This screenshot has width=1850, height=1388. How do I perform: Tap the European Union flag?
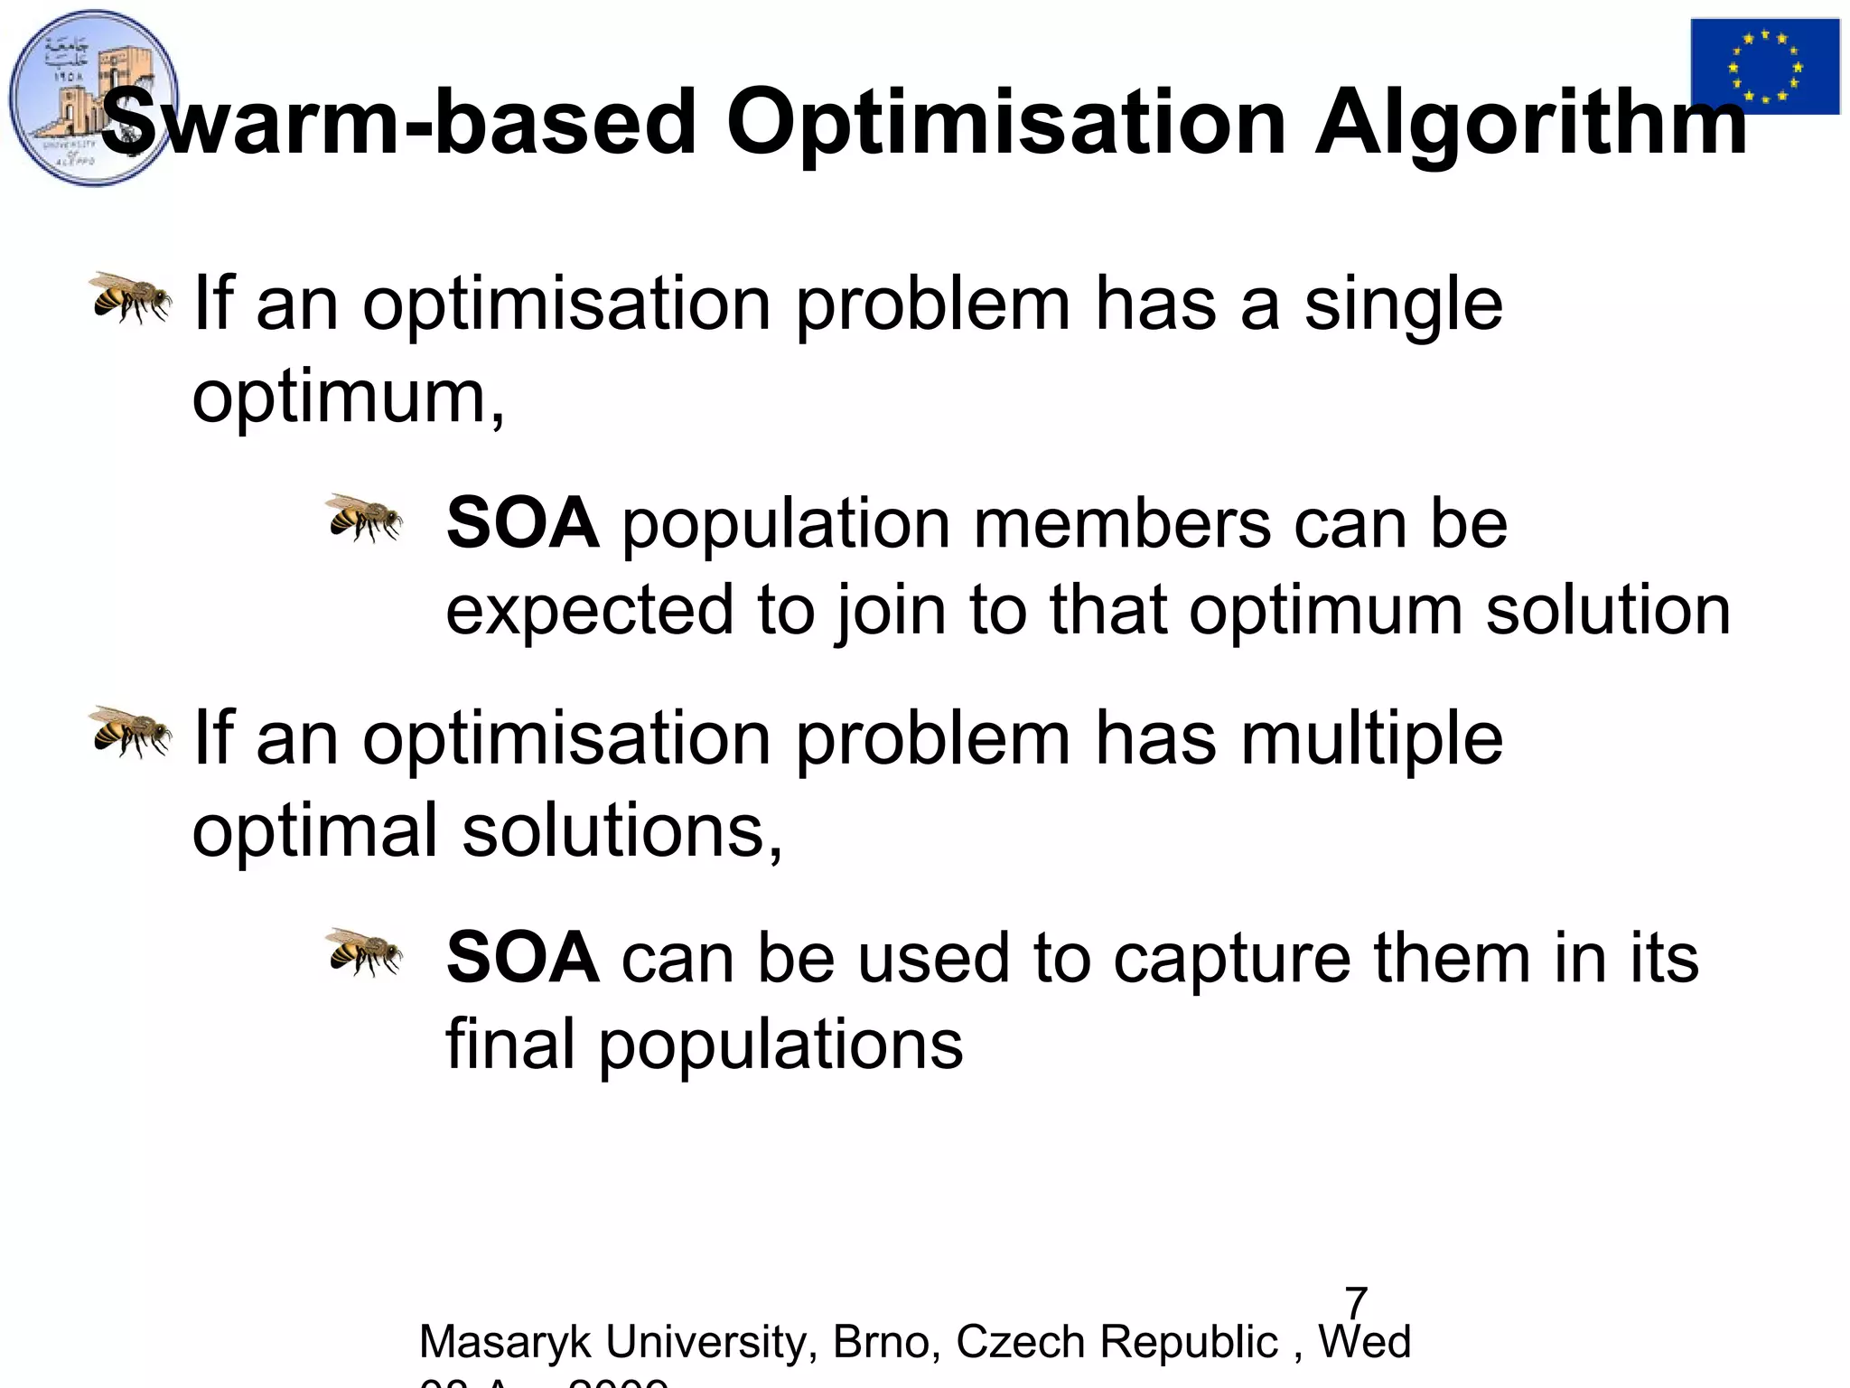pyautogui.click(x=1764, y=67)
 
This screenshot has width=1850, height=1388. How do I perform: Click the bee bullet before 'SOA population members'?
pyautogui.click(x=364, y=518)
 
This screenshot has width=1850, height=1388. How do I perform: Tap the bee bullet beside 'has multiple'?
pyautogui.click(x=131, y=732)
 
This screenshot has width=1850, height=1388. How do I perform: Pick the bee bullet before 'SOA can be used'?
pyautogui.click(x=364, y=952)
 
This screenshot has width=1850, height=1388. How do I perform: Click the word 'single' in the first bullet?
pyautogui.click(x=1404, y=305)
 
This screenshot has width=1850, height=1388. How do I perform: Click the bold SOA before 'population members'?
pyautogui.click(x=522, y=523)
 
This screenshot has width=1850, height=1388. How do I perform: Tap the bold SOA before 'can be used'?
pyautogui.click(x=522, y=958)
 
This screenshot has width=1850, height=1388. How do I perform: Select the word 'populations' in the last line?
pyautogui.click(x=780, y=1046)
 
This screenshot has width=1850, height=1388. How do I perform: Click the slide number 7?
pyautogui.click(x=1356, y=1303)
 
